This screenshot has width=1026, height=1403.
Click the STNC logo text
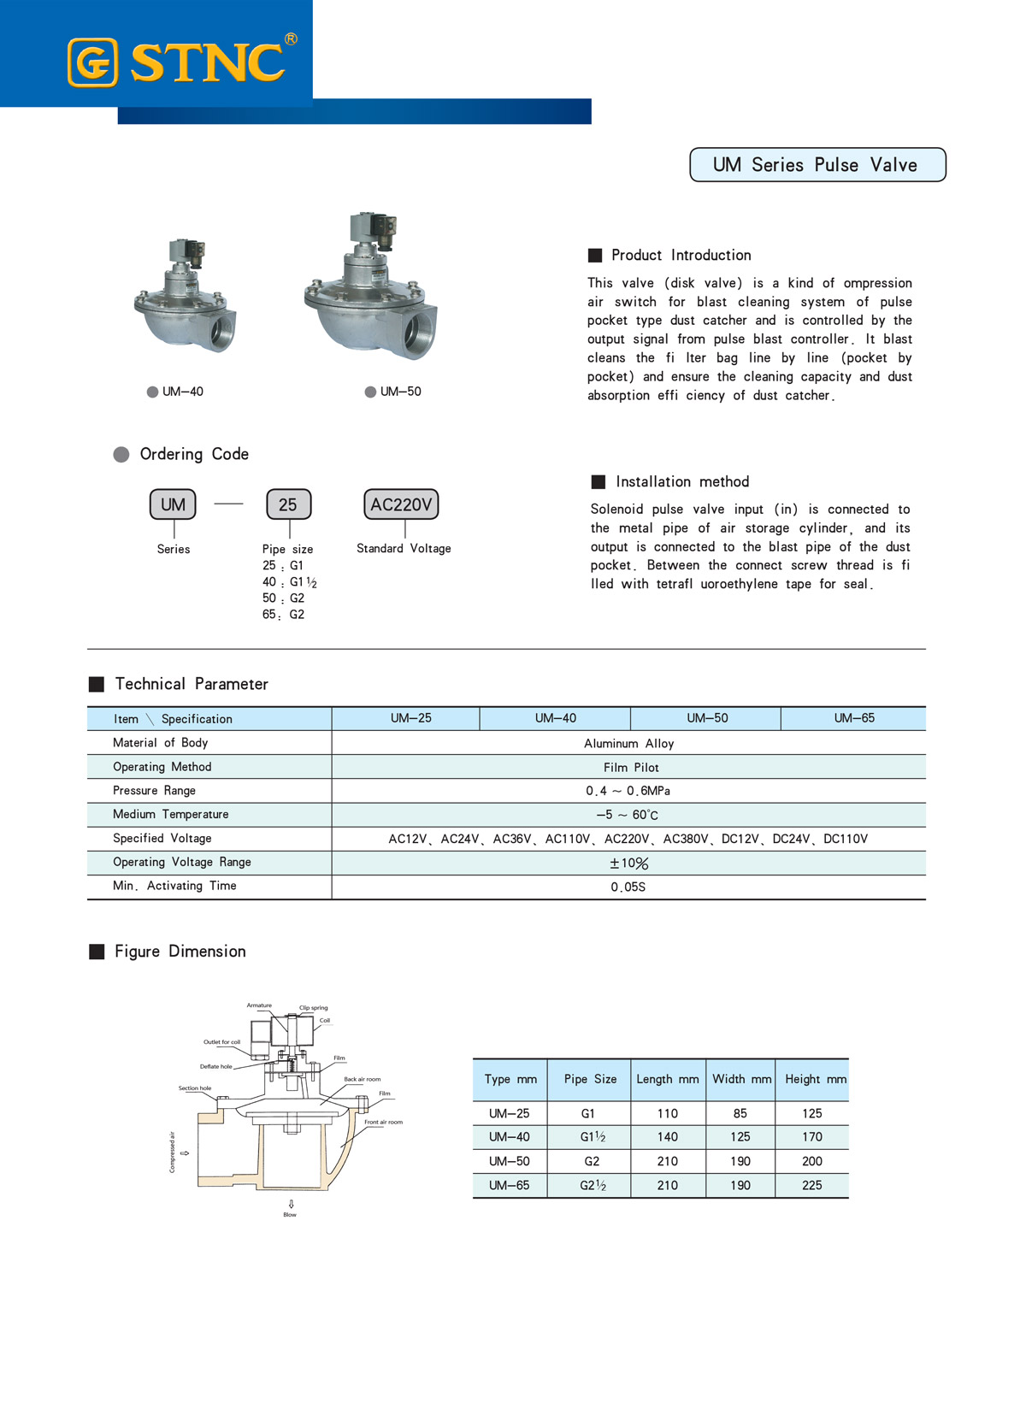pyautogui.click(x=206, y=62)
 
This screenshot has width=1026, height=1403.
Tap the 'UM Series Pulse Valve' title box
pyautogui.click(x=817, y=165)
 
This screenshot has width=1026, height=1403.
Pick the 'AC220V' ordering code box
pyautogui.click(x=401, y=504)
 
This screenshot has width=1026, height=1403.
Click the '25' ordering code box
pyautogui.click(x=288, y=504)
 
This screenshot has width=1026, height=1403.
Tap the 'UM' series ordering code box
pyautogui.click(x=173, y=504)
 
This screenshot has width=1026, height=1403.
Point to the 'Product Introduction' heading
pyautogui.click(x=681, y=255)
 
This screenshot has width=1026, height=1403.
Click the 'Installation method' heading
pyautogui.click(x=681, y=481)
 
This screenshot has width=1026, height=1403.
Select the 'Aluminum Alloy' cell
pyautogui.click(x=628, y=743)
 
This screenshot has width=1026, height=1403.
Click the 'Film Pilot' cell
pyautogui.click(x=631, y=767)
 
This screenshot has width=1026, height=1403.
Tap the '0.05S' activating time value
pyautogui.click(x=628, y=887)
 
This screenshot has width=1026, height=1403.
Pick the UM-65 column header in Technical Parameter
pyautogui.click(x=854, y=718)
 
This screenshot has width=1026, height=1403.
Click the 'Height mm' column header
pyautogui.click(x=815, y=1079)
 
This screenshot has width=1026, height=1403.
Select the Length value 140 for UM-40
pyautogui.click(x=667, y=1137)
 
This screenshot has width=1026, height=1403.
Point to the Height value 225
pyautogui.click(x=811, y=1185)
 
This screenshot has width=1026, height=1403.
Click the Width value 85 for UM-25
pyautogui.click(x=740, y=1113)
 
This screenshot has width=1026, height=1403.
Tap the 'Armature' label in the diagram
pyautogui.click(x=259, y=1005)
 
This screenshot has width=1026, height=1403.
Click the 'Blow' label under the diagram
pyautogui.click(x=290, y=1214)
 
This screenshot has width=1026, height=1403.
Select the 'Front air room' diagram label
pyautogui.click(x=383, y=1122)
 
